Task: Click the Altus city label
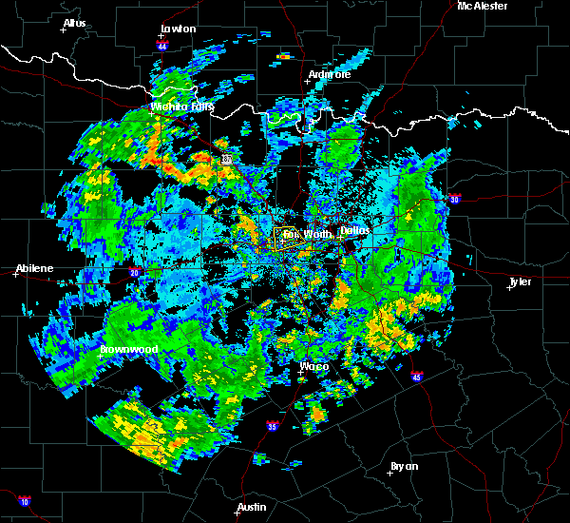tap(74, 22)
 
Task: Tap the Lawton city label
tap(178, 29)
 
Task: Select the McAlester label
tap(483, 6)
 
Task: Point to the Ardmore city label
tap(330, 74)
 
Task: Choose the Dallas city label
tap(355, 230)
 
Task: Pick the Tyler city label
tap(520, 281)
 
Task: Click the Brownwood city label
tap(128, 349)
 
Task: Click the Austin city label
tap(252, 507)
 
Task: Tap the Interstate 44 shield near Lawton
tap(162, 46)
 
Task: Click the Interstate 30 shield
tap(454, 199)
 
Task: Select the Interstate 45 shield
tap(417, 377)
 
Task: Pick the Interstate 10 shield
tap(24, 501)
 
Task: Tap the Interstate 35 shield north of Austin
tap(273, 425)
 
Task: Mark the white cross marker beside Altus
tap(64, 30)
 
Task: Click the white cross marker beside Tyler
tap(510, 289)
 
